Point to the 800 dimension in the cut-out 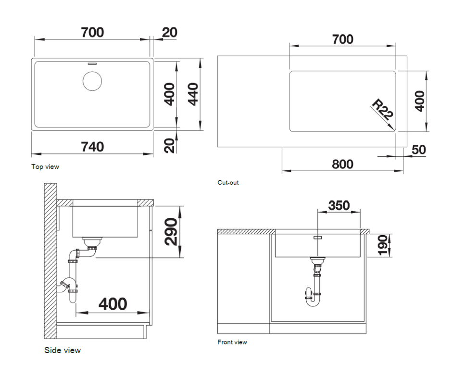click(343, 164)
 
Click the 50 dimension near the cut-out click(418, 150)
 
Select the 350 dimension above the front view click(339, 205)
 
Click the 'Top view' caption click(45, 167)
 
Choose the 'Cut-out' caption click(228, 183)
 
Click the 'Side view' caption click(63, 350)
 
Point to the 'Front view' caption click(232, 342)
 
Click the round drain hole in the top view click(92, 81)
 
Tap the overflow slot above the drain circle click(92, 63)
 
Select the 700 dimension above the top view click(92, 32)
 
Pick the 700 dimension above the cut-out click(343, 39)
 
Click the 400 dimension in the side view click(113, 304)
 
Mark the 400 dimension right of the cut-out click(419, 101)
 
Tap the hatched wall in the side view click(50, 260)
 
